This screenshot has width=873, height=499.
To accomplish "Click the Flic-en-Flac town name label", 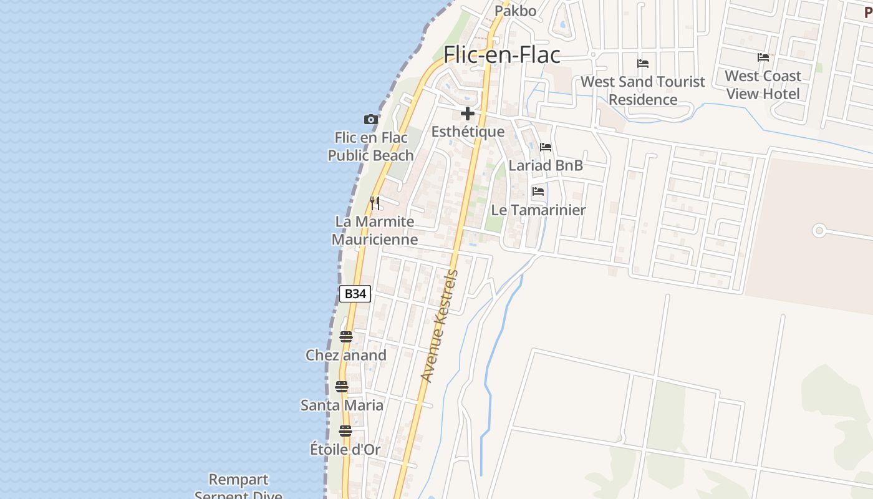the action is click(501, 55).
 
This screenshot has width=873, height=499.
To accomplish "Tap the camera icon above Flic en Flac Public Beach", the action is click(371, 119).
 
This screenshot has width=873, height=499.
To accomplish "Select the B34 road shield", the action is click(355, 294).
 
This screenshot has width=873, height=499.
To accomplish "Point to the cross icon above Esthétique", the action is click(467, 114).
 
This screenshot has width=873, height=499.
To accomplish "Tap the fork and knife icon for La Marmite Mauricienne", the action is click(374, 203).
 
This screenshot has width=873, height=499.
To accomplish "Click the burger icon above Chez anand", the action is click(346, 337).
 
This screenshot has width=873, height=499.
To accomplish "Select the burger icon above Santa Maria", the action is click(341, 387).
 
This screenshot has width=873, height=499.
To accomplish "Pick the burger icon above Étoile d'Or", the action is click(345, 431).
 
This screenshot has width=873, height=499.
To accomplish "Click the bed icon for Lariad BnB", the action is click(546, 147).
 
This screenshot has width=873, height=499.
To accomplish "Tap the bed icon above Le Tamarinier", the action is click(538, 191).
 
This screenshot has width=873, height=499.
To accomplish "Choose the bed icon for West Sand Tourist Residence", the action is click(643, 64).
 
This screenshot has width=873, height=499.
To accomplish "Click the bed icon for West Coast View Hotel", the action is click(763, 57).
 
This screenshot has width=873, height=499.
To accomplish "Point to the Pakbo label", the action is click(515, 11).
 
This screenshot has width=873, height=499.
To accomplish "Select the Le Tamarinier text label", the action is click(539, 210).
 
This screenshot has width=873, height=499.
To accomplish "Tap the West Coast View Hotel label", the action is click(763, 85).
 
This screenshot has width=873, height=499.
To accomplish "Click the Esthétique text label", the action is click(468, 132).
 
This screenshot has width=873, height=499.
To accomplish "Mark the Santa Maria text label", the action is click(342, 405).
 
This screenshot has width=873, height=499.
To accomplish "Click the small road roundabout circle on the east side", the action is click(819, 231).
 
